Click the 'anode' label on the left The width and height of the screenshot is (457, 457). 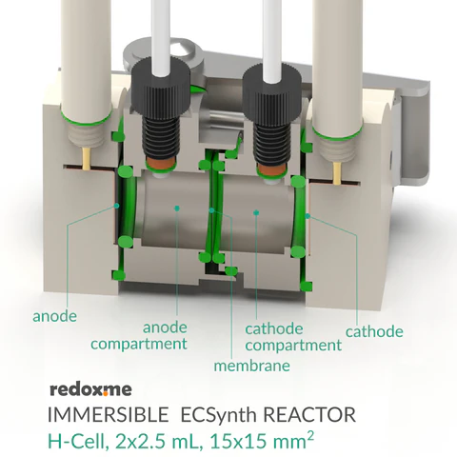pyautogui.click(x=54, y=315)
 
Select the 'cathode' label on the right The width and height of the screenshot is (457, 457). pyautogui.click(x=373, y=331)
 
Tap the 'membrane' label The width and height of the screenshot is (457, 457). pyautogui.click(x=251, y=366)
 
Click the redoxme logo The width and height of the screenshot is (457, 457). pyautogui.click(x=89, y=388)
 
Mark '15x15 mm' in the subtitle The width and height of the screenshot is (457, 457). pyautogui.click(x=272, y=442)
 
